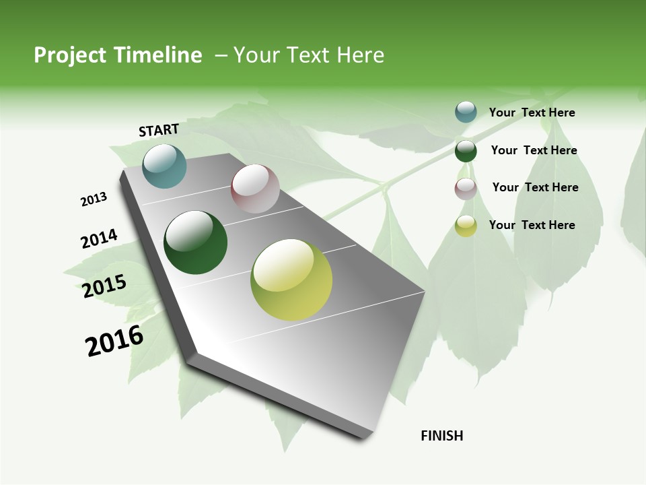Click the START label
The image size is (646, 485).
coord(159,130)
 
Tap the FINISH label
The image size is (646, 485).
coord(442,436)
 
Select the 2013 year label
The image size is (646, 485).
coord(94,199)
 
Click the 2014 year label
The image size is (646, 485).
coord(99,239)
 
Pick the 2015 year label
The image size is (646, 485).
coord(104,286)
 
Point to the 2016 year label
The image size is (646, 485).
coord(114,340)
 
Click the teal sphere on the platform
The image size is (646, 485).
coord(164,166)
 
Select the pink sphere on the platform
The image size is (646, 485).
coord(255,189)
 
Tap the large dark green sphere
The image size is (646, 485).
coord(195,243)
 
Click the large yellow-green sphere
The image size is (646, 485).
coord(291,280)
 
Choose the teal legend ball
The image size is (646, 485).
coord(466,112)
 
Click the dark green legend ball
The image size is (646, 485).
coord(466,151)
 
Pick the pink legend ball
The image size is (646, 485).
coord(466,189)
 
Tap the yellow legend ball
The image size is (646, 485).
coord(466,226)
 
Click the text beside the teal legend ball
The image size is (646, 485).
coord(532,113)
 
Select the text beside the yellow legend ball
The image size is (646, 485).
coord(532,225)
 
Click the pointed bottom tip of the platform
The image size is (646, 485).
coord(367,437)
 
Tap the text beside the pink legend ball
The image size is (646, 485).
coord(535,187)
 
